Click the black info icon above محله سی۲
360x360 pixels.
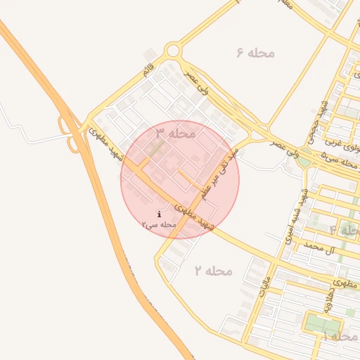[160, 214]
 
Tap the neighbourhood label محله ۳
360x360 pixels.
[175, 132]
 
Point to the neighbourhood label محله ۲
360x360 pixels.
[213, 271]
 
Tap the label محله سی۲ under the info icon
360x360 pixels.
[158, 224]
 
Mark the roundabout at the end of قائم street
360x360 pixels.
[173, 51]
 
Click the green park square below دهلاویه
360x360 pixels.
[322, 325]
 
